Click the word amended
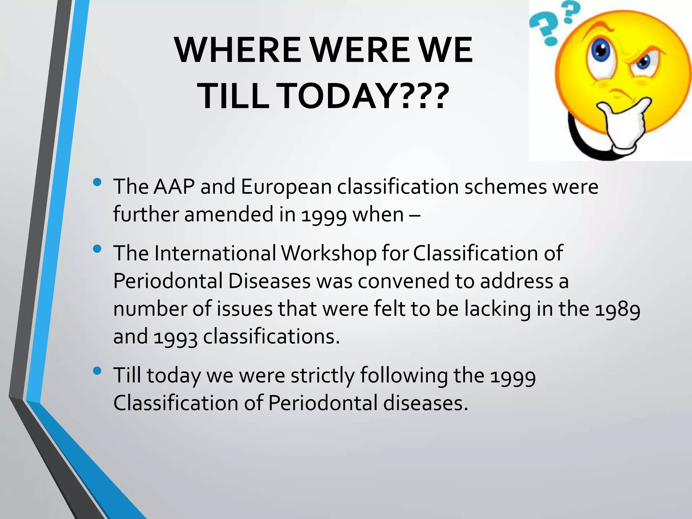pos(229,214)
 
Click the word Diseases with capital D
pos(269,281)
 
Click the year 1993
pos(175,337)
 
